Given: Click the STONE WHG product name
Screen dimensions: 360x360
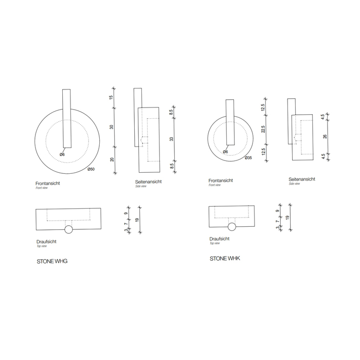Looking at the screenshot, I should [x=52, y=261].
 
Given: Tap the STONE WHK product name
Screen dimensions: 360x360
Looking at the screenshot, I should [x=225, y=258].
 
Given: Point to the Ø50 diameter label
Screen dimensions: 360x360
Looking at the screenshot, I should [x=91, y=169].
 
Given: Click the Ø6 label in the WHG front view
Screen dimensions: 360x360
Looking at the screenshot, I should [x=62, y=154].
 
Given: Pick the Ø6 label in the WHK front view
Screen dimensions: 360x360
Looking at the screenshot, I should [x=225, y=152].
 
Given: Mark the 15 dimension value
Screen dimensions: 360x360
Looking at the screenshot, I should [x=111, y=97].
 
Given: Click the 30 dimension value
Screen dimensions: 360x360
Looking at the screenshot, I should [x=111, y=127].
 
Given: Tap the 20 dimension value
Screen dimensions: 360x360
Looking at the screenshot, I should [x=111, y=159].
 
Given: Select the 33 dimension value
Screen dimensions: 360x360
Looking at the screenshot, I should [x=171, y=139].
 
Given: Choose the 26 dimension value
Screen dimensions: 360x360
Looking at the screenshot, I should [x=323, y=137].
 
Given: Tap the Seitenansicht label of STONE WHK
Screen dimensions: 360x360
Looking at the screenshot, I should [x=303, y=179].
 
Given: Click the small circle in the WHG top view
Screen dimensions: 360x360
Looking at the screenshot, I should [x=68, y=229].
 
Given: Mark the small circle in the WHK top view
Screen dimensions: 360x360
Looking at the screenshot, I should [x=231, y=227].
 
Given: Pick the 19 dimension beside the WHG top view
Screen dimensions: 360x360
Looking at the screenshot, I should [x=136, y=220].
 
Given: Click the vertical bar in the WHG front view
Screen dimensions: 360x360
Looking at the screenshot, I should [x=66, y=118].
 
